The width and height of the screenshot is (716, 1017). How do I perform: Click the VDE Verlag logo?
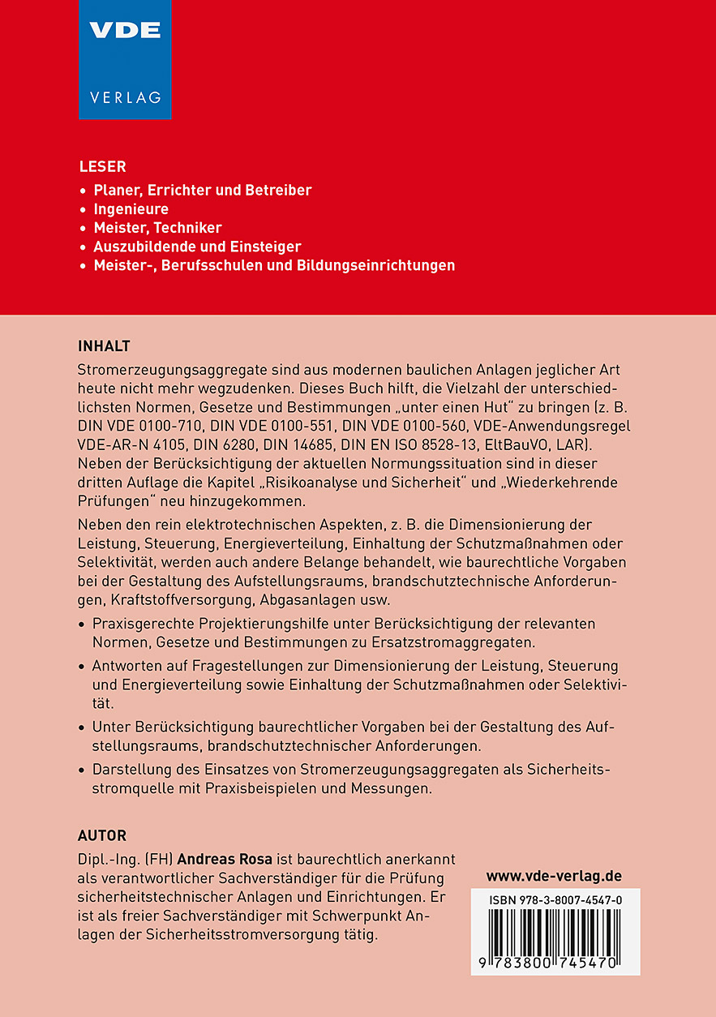[125, 59]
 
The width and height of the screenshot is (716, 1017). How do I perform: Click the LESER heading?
[102, 167]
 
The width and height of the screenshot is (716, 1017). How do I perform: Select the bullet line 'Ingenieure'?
[131, 209]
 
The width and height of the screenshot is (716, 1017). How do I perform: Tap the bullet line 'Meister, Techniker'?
[157, 228]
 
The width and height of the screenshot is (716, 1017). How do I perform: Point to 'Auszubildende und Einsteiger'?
[197, 247]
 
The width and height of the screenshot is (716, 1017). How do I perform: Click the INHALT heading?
[104, 346]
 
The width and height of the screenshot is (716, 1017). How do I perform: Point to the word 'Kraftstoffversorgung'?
[185, 600]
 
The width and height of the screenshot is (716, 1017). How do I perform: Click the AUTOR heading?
[102, 835]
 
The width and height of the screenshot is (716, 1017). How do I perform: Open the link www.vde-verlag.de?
[554, 876]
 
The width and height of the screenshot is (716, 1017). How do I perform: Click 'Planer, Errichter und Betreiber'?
[203, 191]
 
